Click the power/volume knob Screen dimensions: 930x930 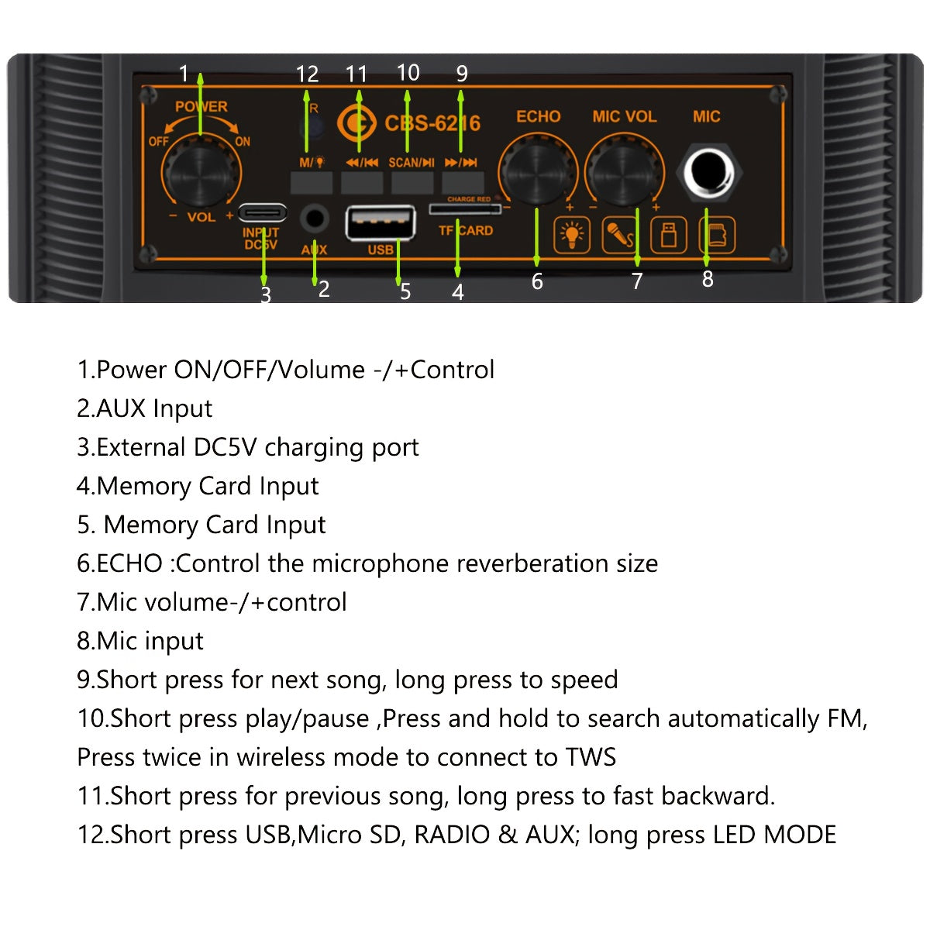click(200, 171)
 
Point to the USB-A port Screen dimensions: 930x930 click(380, 223)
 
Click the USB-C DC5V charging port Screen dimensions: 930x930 click(262, 212)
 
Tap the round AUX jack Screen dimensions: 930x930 click(314, 218)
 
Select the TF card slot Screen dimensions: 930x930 click(463, 209)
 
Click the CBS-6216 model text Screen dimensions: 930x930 click(432, 123)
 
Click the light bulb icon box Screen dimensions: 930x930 click(572, 235)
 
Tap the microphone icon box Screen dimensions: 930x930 click(620, 235)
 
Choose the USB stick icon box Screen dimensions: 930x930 click(668, 235)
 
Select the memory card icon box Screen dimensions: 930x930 click(717, 235)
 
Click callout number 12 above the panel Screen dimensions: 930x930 click(307, 74)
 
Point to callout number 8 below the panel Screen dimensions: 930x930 click(708, 279)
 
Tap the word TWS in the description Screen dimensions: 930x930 click(591, 757)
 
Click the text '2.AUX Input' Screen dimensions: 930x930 click(144, 408)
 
